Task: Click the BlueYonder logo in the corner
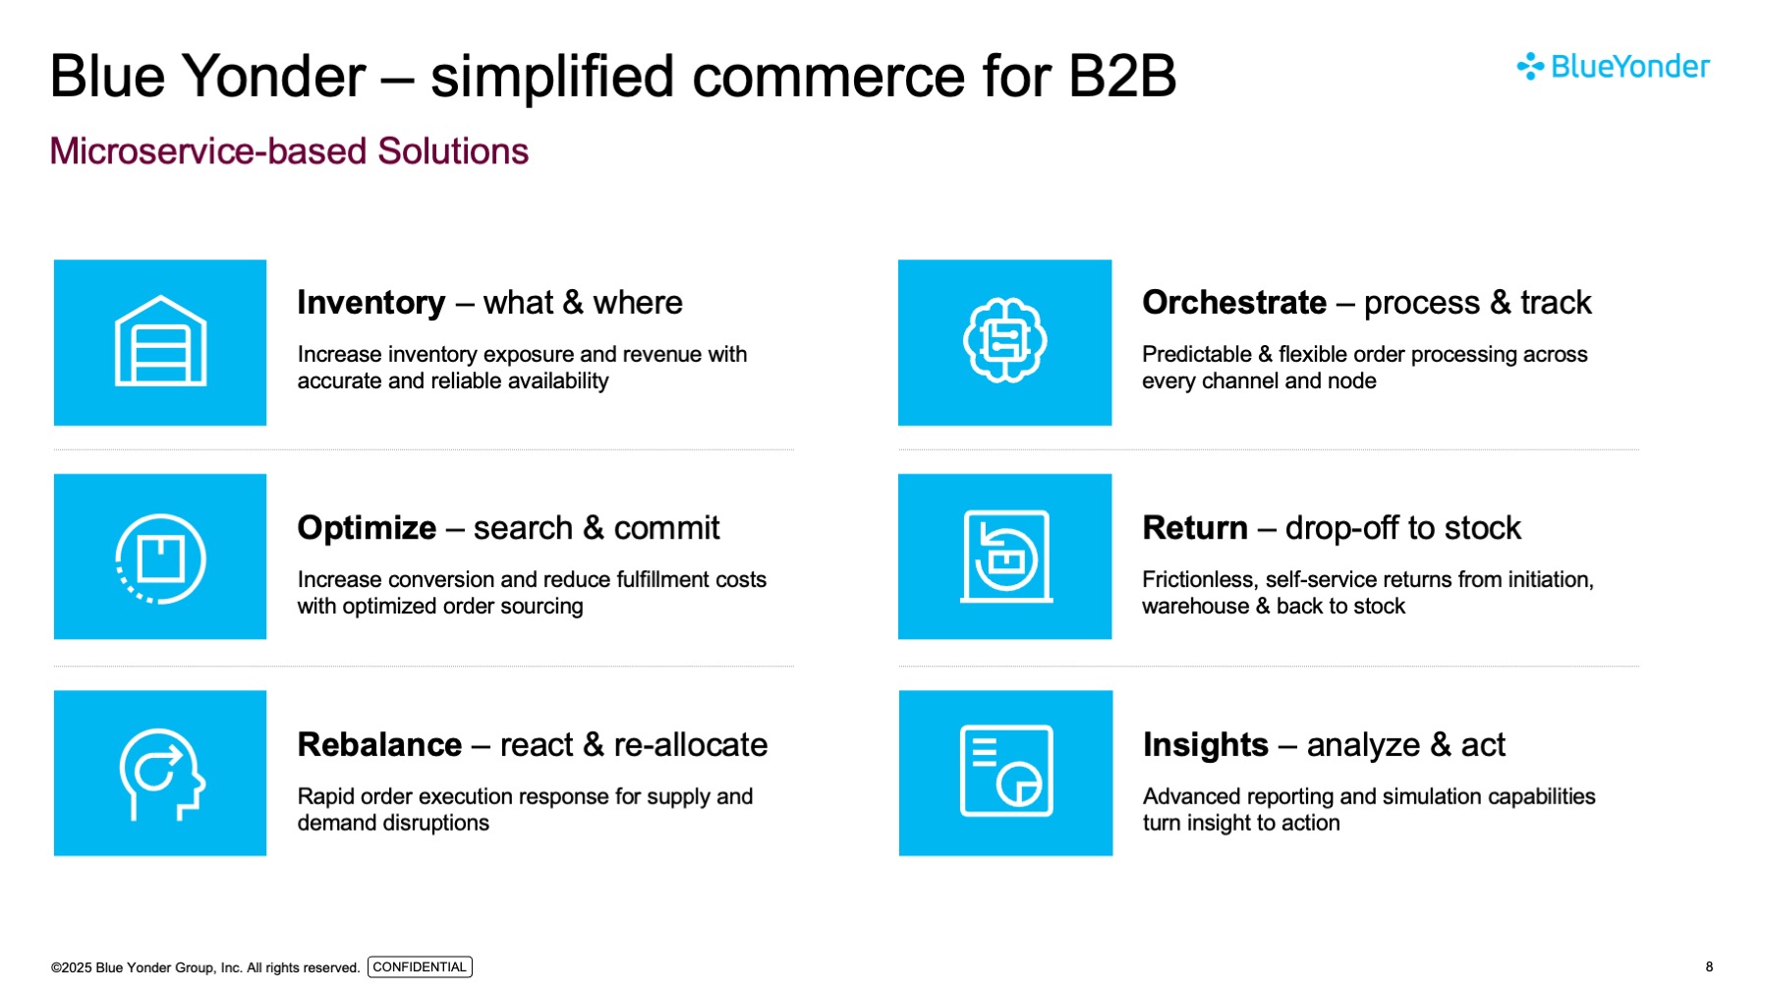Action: (x=1613, y=67)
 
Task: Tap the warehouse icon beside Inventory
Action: (x=160, y=342)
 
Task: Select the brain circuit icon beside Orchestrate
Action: (x=1004, y=341)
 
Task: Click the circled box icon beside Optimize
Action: (x=160, y=557)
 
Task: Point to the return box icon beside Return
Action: (x=1004, y=556)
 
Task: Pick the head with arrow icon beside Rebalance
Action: (x=160, y=774)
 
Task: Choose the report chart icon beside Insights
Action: (x=1005, y=773)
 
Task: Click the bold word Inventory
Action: (x=371, y=303)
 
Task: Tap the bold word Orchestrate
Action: (x=1234, y=303)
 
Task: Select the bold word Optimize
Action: (x=367, y=528)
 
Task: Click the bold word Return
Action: (x=1195, y=528)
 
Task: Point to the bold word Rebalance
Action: (x=379, y=745)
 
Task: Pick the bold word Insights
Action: (x=1206, y=745)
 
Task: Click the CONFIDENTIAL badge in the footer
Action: (x=420, y=967)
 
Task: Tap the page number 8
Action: (x=1709, y=967)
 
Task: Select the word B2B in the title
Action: (x=1121, y=77)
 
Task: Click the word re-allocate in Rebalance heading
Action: (x=690, y=745)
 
